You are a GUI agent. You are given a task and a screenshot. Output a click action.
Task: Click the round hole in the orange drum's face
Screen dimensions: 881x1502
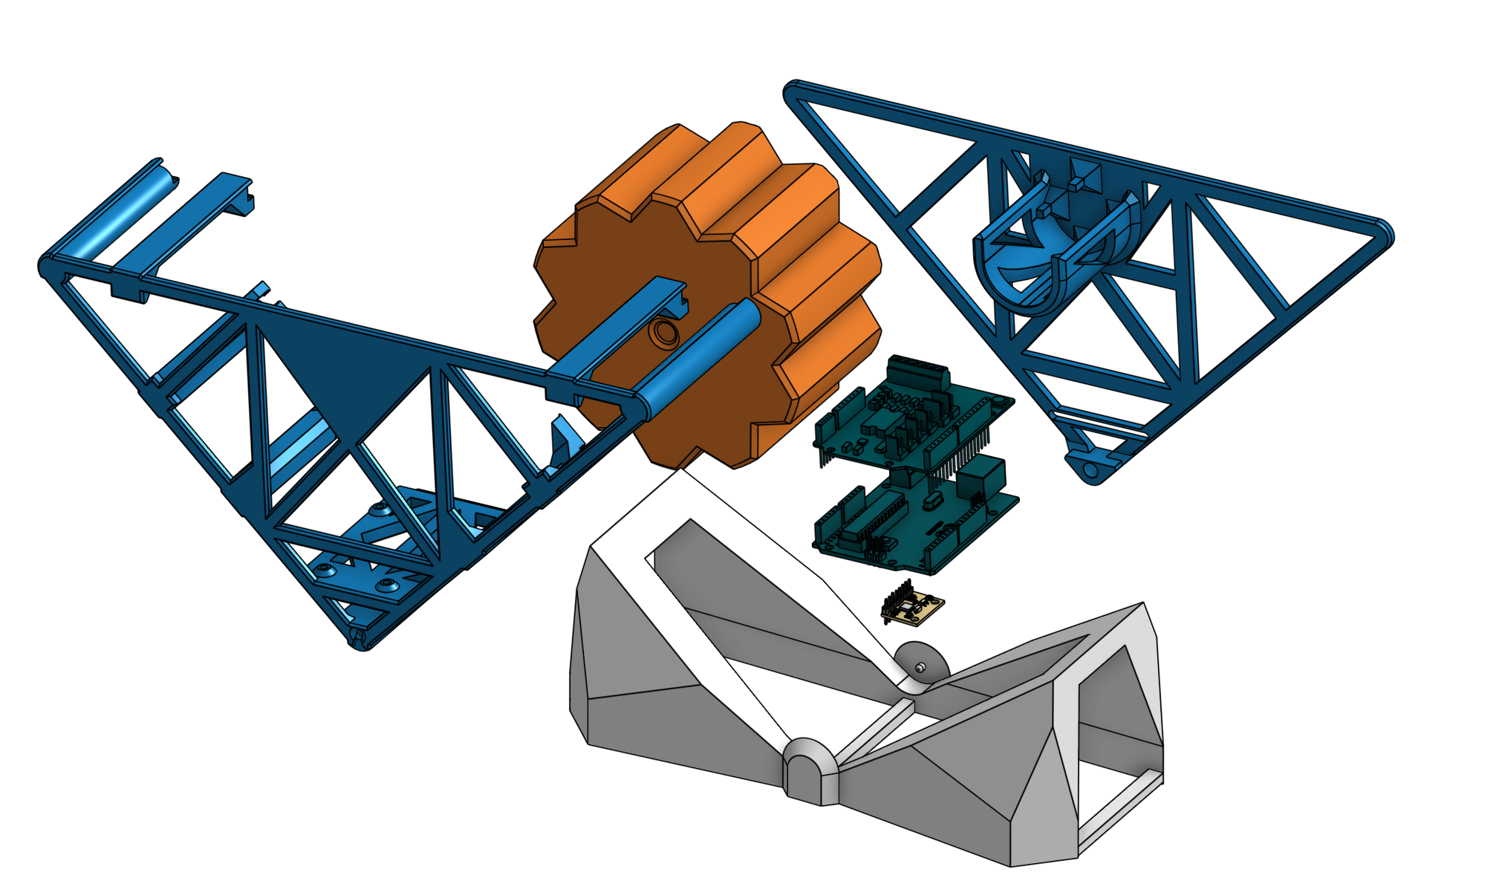tap(663, 333)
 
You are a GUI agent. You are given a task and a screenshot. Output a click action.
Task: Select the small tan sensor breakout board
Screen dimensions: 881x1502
tap(920, 608)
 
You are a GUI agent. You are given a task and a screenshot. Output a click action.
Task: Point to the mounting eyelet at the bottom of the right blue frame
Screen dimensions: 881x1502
tap(1090, 470)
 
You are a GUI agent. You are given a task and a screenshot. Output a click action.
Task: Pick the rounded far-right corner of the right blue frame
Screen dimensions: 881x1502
tap(1382, 233)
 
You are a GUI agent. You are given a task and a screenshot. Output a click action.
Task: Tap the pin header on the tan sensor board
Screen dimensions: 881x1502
tap(899, 599)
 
